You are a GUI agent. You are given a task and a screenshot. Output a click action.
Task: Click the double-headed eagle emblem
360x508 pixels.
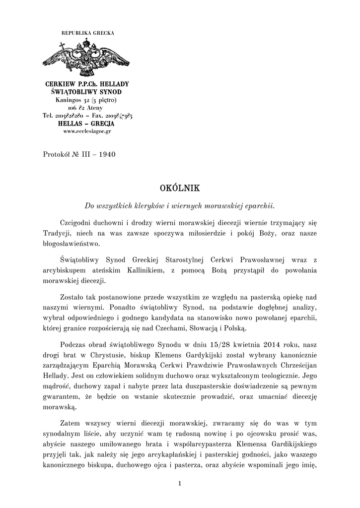(x=87, y=59)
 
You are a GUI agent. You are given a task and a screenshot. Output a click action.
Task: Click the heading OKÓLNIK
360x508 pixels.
(x=179, y=188)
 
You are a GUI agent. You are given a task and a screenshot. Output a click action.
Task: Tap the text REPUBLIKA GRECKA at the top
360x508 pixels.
(x=87, y=33)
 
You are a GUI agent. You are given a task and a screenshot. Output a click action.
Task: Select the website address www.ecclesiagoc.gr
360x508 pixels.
(x=87, y=131)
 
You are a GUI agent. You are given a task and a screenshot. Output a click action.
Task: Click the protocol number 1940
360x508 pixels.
(x=107, y=154)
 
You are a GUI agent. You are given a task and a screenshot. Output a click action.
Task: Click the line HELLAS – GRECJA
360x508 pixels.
(x=87, y=124)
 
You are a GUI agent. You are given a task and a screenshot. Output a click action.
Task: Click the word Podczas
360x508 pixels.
(x=74, y=344)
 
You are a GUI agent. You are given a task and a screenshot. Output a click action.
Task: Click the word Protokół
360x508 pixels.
(x=57, y=154)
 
